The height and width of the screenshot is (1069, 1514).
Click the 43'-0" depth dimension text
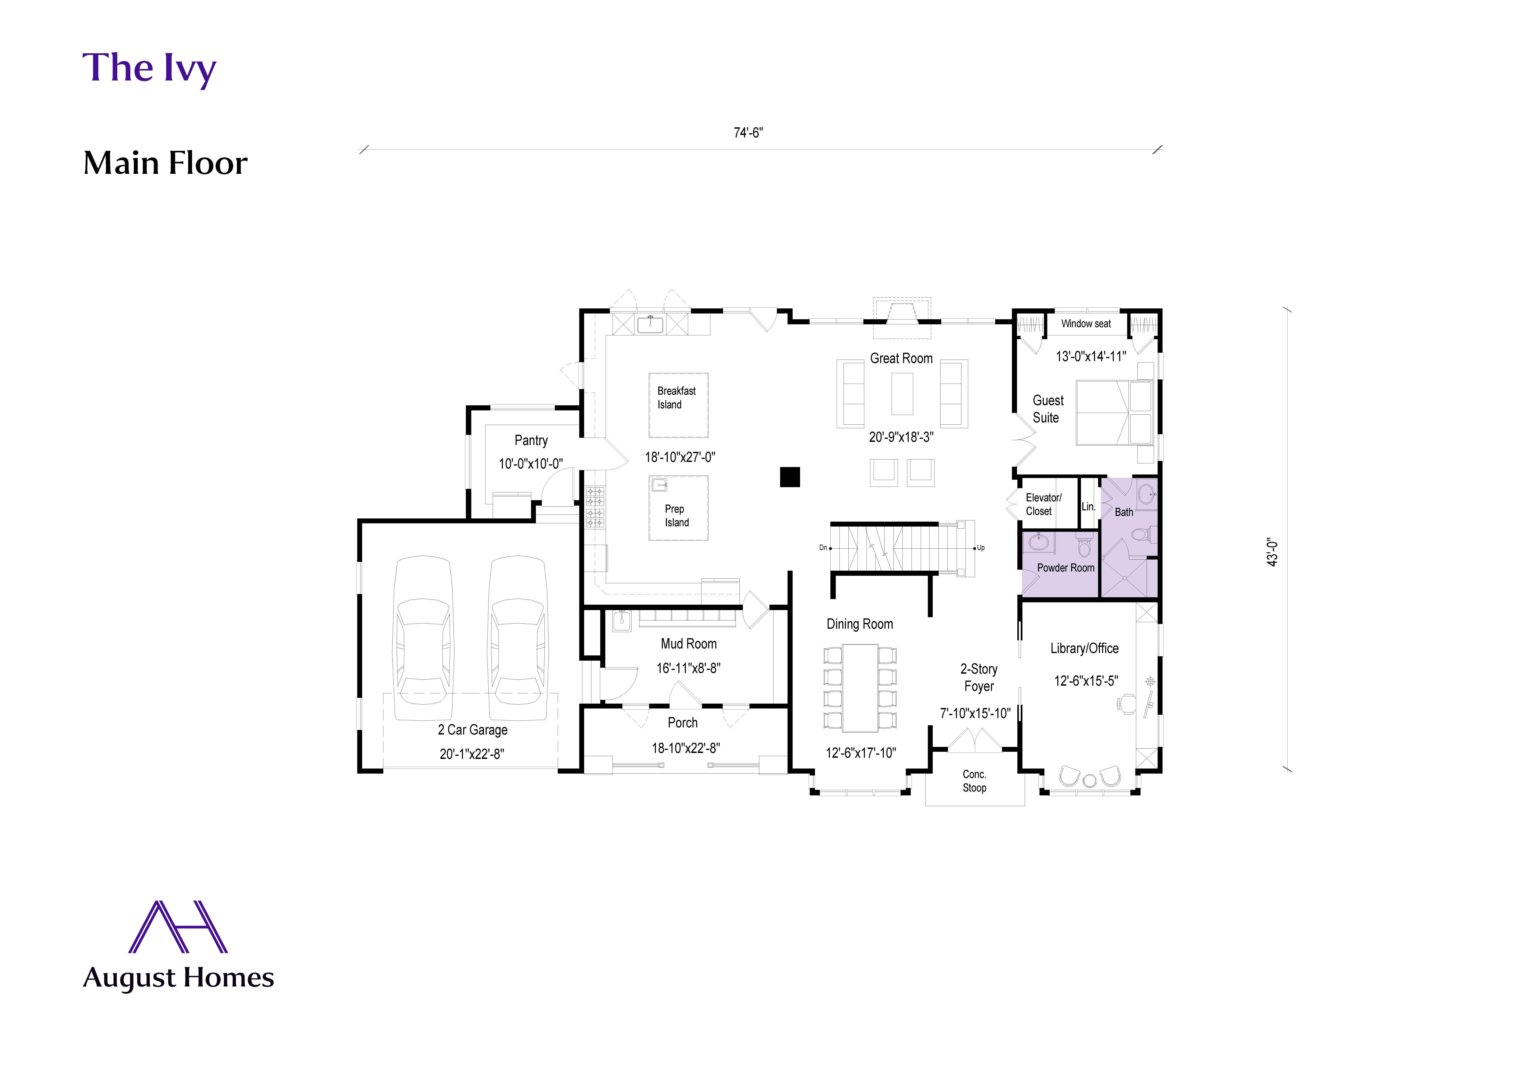click(x=1273, y=552)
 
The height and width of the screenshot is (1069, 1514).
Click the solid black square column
click(x=790, y=477)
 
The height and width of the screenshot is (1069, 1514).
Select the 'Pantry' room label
click(x=531, y=440)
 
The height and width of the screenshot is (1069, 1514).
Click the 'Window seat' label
click(x=1085, y=324)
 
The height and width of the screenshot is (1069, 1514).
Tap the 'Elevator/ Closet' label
click(x=1043, y=504)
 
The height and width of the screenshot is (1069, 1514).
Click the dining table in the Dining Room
click(x=860, y=687)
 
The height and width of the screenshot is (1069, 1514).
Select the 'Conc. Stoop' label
click(x=974, y=781)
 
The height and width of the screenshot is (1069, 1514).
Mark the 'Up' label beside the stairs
click(x=981, y=548)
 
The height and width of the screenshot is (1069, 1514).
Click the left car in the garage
click(x=423, y=638)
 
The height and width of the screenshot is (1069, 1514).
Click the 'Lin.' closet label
click(x=1088, y=506)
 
